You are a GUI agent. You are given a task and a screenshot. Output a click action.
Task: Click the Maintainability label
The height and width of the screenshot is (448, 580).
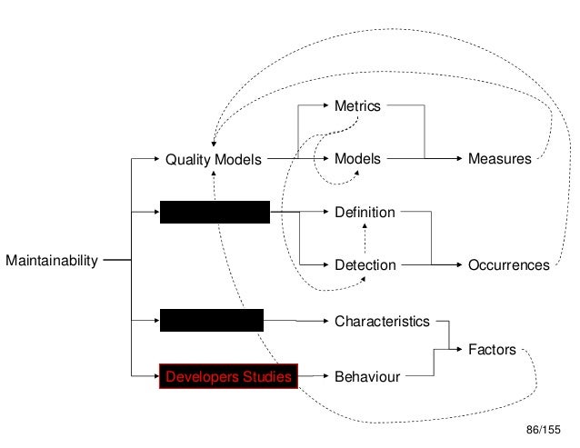[51, 263]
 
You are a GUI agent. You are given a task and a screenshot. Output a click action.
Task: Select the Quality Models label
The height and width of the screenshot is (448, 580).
[212, 160]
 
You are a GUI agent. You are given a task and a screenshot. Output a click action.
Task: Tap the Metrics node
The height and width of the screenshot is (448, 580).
[357, 106]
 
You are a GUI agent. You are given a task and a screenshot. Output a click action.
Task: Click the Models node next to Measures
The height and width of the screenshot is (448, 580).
[358, 159]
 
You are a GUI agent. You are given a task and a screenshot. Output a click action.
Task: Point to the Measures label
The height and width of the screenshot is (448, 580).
[499, 159]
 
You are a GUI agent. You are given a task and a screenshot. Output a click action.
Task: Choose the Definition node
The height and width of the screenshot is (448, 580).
[365, 213]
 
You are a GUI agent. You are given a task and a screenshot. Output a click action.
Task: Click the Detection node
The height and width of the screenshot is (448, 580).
[365, 265]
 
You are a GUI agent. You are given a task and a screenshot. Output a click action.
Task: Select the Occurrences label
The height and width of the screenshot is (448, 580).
[508, 265]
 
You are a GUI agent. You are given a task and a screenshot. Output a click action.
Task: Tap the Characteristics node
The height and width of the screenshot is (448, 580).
[382, 321]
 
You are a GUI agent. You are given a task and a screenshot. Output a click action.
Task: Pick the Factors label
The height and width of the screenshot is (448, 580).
[492, 348]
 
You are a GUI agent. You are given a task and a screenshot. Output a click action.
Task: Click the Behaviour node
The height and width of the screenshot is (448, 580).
[367, 374]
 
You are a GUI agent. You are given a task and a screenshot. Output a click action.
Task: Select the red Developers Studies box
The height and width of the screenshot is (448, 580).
[228, 374]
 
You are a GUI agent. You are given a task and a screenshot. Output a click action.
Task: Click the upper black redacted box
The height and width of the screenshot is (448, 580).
[215, 213]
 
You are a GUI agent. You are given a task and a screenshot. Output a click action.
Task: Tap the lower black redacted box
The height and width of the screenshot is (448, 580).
[212, 320]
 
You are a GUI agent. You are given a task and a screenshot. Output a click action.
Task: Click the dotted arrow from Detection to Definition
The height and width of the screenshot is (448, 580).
[365, 238]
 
